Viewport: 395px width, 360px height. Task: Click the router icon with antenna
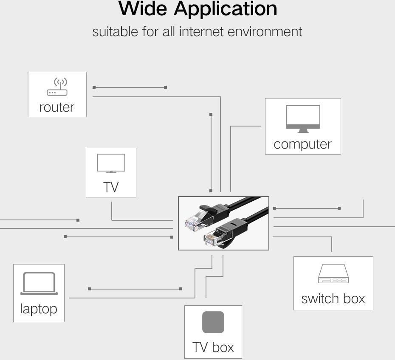tap(57, 87)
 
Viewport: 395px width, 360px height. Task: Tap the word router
tap(56, 107)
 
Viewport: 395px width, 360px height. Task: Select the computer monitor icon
tap(303, 118)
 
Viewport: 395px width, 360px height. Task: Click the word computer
tap(302, 144)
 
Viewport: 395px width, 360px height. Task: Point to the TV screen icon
tap(111, 163)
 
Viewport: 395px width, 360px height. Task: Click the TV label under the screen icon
tap(111, 187)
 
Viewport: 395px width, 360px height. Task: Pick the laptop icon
tap(39, 283)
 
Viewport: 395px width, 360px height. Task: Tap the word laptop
tap(39, 309)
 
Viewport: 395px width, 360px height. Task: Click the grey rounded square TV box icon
tap(213, 322)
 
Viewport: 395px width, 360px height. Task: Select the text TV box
tap(213, 347)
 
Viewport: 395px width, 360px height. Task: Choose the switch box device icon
tap(333, 273)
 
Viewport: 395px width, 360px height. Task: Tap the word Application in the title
tap(226, 9)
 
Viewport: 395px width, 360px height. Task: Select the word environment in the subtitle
tap(265, 32)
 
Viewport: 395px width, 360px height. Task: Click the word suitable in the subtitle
tap(115, 32)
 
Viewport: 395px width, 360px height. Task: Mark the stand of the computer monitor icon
tap(303, 131)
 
